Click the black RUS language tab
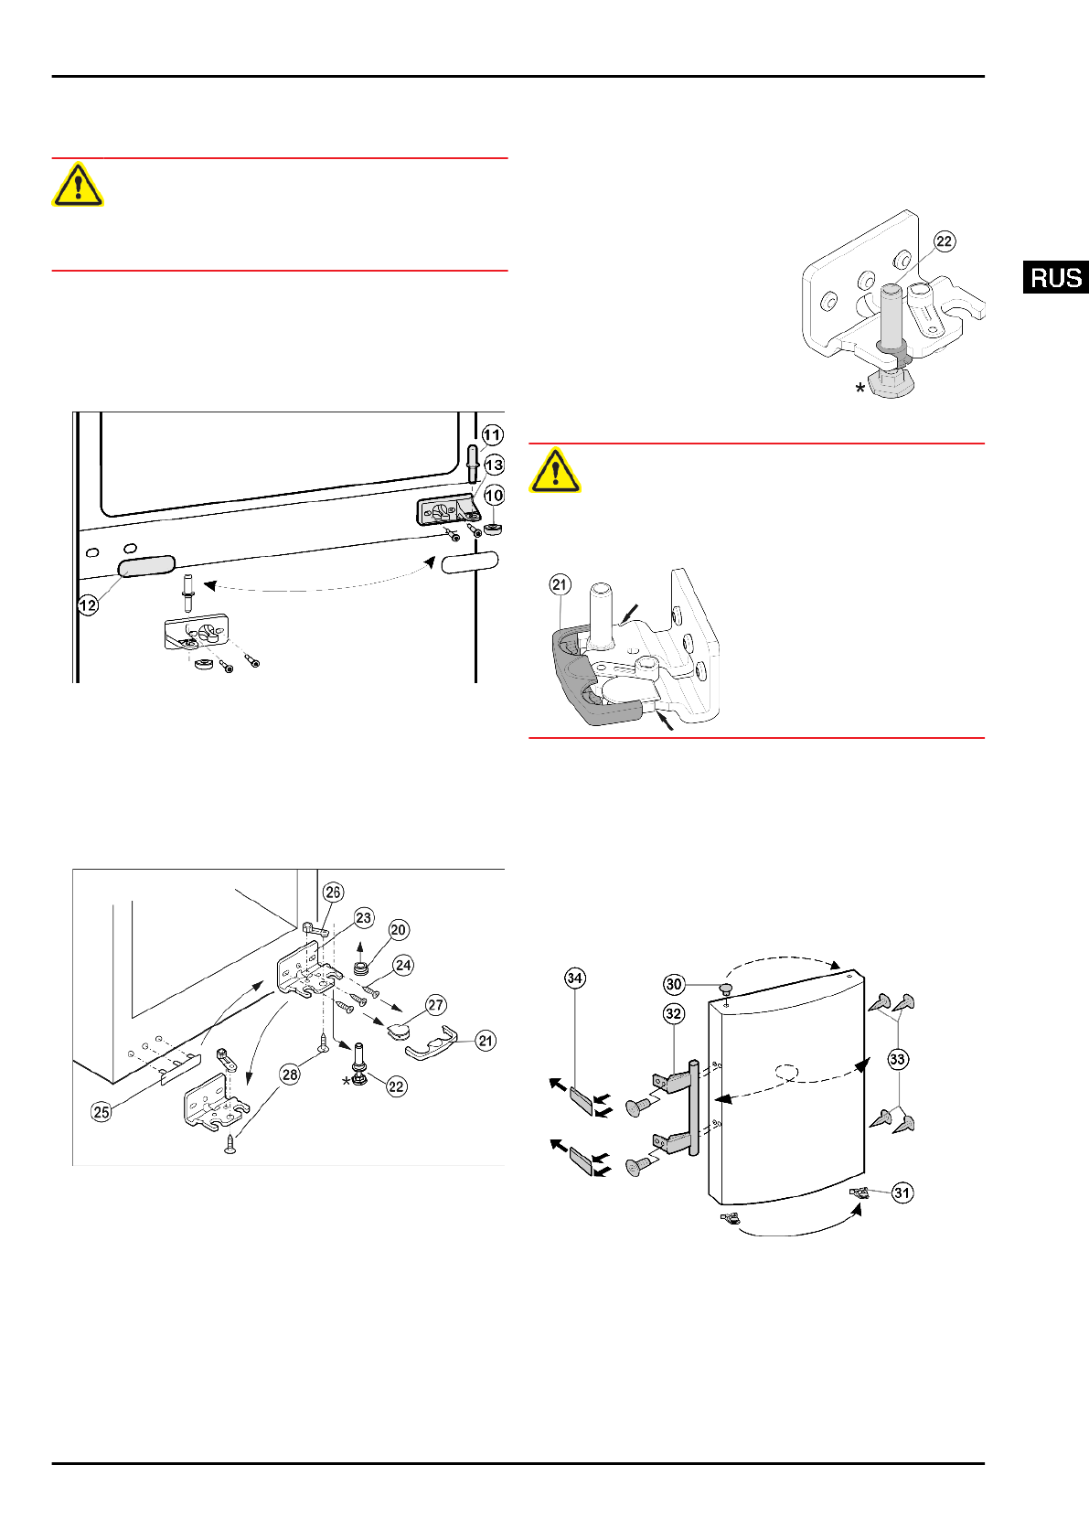(x=1056, y=277)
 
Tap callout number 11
(x=493, y=435)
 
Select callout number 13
(x=494, y=465)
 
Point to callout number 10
(x=494, y=496)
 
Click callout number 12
(x=88, y=605)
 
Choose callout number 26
(x=333, y=893)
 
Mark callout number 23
(x=364, y=918)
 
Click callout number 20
(x=398, y=930)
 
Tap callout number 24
(x=403, y=965)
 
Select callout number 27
(x=436, y=1005)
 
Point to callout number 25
(x=101, y=1112)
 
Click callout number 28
(x=290, y=1075)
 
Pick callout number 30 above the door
(x=674, y=984)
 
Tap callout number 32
(x=674, y=1013)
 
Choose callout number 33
(x=898, y=1059)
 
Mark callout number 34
(x=574, y=979)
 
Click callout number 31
(x=902, y=1192)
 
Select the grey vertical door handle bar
(x=694, y=1107)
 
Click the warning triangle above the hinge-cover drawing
(x=555, y=470)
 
